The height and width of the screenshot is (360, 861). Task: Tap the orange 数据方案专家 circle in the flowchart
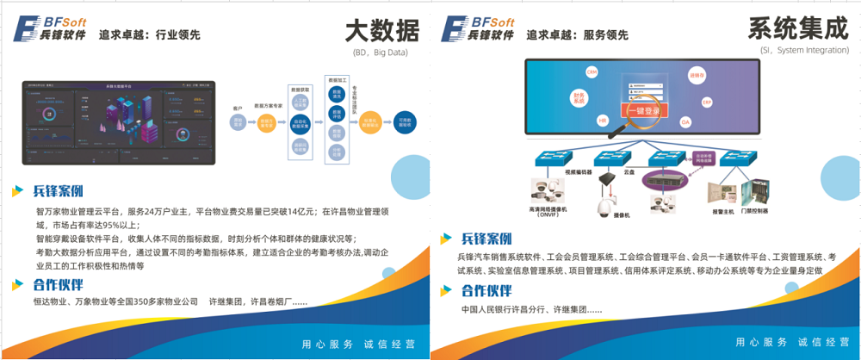coord(266,123)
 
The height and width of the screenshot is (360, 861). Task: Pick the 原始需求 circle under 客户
coord(238,123)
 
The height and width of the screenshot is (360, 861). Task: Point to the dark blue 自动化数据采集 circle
coord(300,123)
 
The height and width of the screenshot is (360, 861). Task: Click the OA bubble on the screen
coord(686,122)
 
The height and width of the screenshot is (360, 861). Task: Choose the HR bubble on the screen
coord(603,120)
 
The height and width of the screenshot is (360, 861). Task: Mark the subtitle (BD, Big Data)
coord(381,53)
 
